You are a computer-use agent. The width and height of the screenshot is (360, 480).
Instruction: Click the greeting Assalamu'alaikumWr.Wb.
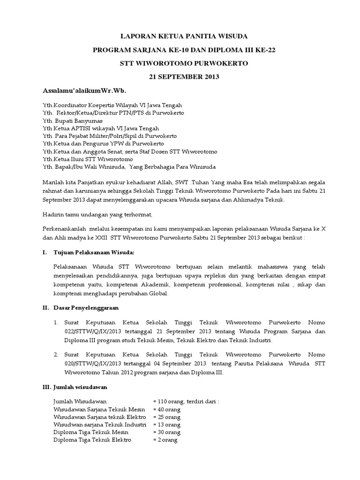(x=85, y=90)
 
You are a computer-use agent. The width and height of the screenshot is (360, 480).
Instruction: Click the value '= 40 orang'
(x=167, y=409)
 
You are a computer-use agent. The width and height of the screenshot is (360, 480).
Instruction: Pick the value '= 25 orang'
(x=167, y=417)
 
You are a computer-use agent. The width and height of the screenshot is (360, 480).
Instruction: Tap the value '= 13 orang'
(x=167, y=425)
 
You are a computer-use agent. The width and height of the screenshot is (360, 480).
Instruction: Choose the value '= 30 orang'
(x=167, y=432)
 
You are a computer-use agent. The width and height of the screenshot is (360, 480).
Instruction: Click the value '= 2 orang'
(x=165, y=440)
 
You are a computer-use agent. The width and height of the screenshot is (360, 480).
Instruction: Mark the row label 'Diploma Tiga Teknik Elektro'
(x=93, y=440)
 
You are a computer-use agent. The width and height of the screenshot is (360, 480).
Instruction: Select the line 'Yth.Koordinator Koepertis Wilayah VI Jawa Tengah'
(x=112, y=105)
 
